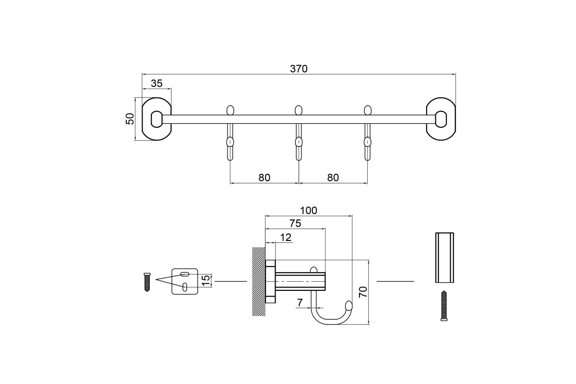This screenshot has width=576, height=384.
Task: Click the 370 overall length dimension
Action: [x=298, y=69]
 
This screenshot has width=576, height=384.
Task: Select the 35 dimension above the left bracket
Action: [x=156, y=83]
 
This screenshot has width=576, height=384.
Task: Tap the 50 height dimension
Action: [x=130, y=119]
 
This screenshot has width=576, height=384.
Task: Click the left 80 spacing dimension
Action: [x=264, y=177]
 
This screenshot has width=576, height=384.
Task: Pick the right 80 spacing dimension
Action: [x=333, y=177]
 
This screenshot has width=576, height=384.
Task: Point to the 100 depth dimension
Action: [x=309, y=210]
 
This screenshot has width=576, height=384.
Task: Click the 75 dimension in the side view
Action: [x=295, y=223]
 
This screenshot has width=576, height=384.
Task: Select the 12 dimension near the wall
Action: [x=286, y=237]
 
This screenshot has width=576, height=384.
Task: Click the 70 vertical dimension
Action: [x=363, y=292]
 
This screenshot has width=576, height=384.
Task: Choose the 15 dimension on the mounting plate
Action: [x=205, y=280]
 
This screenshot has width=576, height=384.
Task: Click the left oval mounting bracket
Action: [x=156, y=119]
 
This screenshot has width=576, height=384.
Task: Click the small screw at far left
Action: [x=147, y=281]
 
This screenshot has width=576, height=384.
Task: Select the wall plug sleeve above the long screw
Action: [x=444, y=258]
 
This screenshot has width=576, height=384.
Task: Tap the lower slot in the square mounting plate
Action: [x=185, y=287]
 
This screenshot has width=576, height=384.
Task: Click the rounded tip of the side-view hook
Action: [x=349, y=305]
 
